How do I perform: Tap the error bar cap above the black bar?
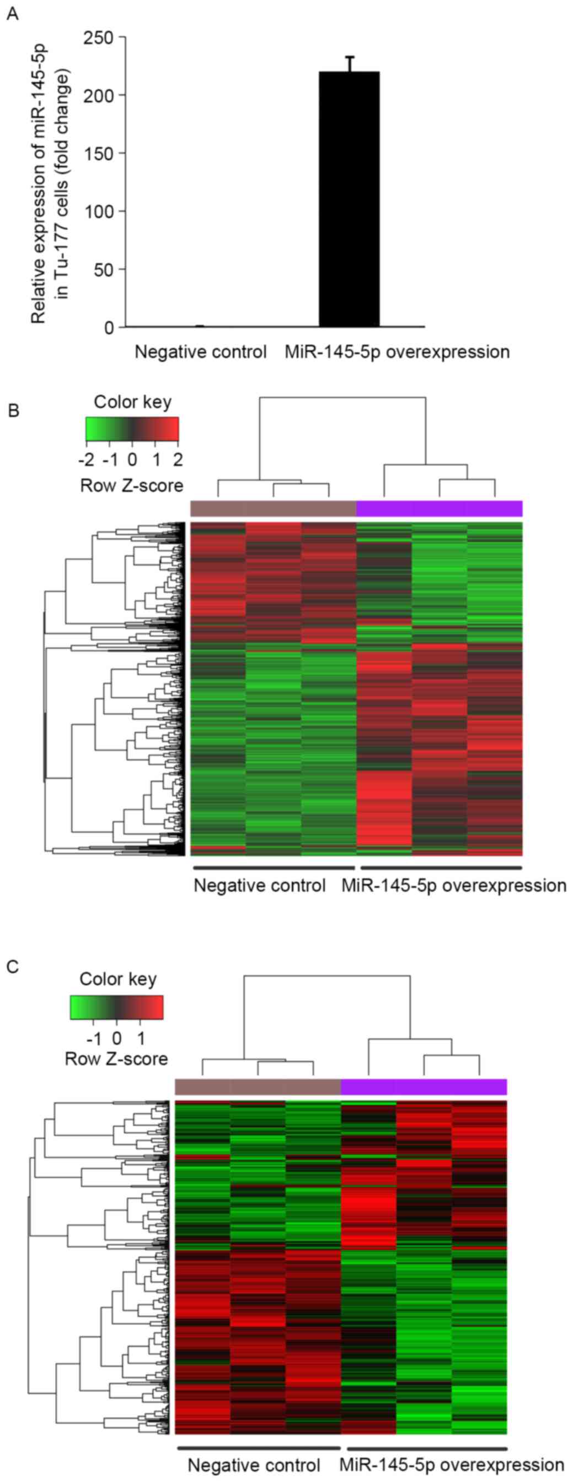350,57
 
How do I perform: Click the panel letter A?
12,14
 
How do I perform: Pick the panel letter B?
13,411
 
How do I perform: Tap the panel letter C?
12,967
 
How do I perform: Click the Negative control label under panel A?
200,351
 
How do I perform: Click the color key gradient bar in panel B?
132,428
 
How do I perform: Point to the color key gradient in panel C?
117,1007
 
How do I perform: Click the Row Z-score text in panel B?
132,486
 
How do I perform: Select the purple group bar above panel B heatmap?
440,508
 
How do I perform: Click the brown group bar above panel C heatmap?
258,1087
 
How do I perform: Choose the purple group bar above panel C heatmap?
424,1087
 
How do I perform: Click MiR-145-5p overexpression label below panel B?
454,885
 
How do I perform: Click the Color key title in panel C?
118,979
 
